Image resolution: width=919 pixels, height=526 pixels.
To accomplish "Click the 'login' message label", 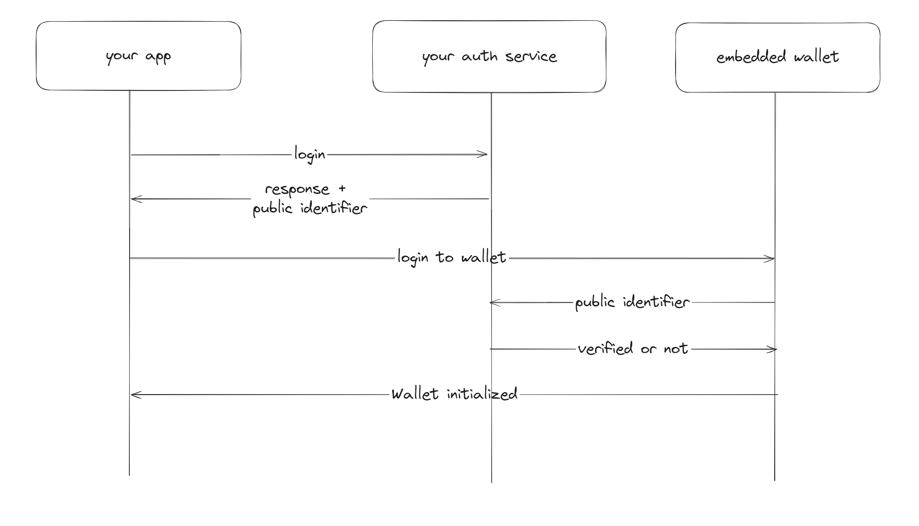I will click(x=310, y=155).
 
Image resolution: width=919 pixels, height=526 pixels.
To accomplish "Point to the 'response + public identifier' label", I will click(x=310, y=199).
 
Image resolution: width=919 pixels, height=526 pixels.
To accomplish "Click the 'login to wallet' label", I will click(x=451, y=257).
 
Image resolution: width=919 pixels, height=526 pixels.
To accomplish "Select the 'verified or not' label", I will click(x=633, y=349).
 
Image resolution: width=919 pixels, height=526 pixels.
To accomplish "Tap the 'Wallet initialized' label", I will click(x=454, y=394).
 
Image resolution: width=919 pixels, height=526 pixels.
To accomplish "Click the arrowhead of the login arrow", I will click(x=483, y=154).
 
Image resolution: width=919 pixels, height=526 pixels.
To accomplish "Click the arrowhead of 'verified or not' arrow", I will click(x=772, y=349).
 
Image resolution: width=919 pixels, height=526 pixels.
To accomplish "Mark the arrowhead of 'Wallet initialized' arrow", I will click(x=134, y=395).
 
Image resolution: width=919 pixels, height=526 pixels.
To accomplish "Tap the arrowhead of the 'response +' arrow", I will click(x=134, y=199).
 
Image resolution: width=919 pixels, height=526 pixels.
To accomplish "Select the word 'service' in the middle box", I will click(x=531, y=57).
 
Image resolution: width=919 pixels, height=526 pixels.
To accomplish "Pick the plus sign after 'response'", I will click(x=342, y=188).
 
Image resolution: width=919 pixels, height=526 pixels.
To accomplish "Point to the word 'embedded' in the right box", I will click(x=751, y=57).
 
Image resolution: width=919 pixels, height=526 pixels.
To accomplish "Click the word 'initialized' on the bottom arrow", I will click(x=482, y=394).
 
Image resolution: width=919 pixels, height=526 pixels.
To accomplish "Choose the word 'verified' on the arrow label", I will click(x=605, y=349).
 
